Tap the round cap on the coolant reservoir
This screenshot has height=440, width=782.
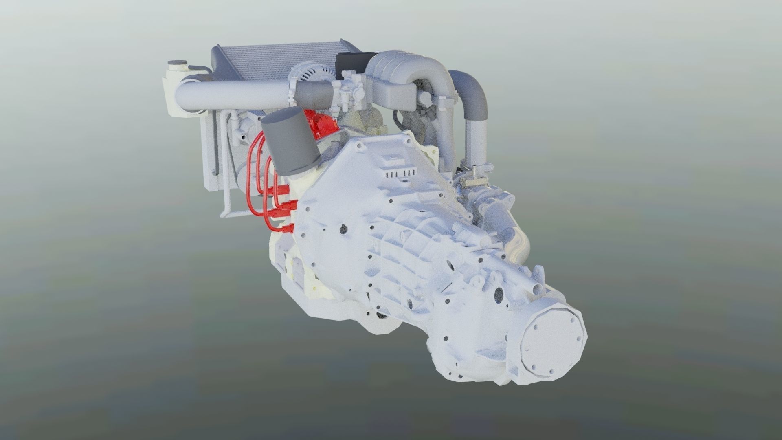click(176, 64)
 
